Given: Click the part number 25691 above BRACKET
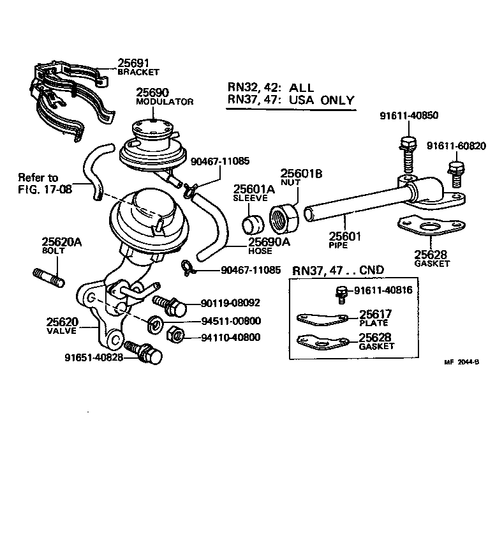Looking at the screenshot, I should (133, 63).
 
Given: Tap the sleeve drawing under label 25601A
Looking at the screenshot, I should (253, 225).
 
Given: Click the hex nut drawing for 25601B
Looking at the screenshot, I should (282, 217).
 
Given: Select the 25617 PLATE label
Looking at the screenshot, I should (375, 317).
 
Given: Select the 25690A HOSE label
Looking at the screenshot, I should (269, 245).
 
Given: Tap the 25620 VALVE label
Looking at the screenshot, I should (61, 326).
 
